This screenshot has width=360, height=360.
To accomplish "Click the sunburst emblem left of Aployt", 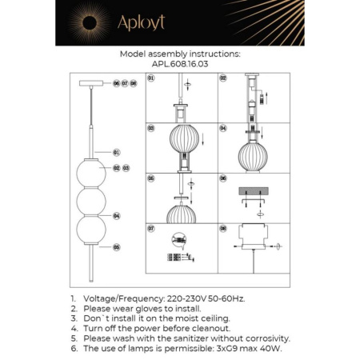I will tap(86, 22).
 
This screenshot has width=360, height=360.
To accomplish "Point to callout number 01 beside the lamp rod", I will tap(116, 151).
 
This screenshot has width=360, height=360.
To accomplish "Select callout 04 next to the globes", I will tap(117, 216).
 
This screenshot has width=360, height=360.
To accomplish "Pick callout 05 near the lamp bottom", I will tap(117, 247).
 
